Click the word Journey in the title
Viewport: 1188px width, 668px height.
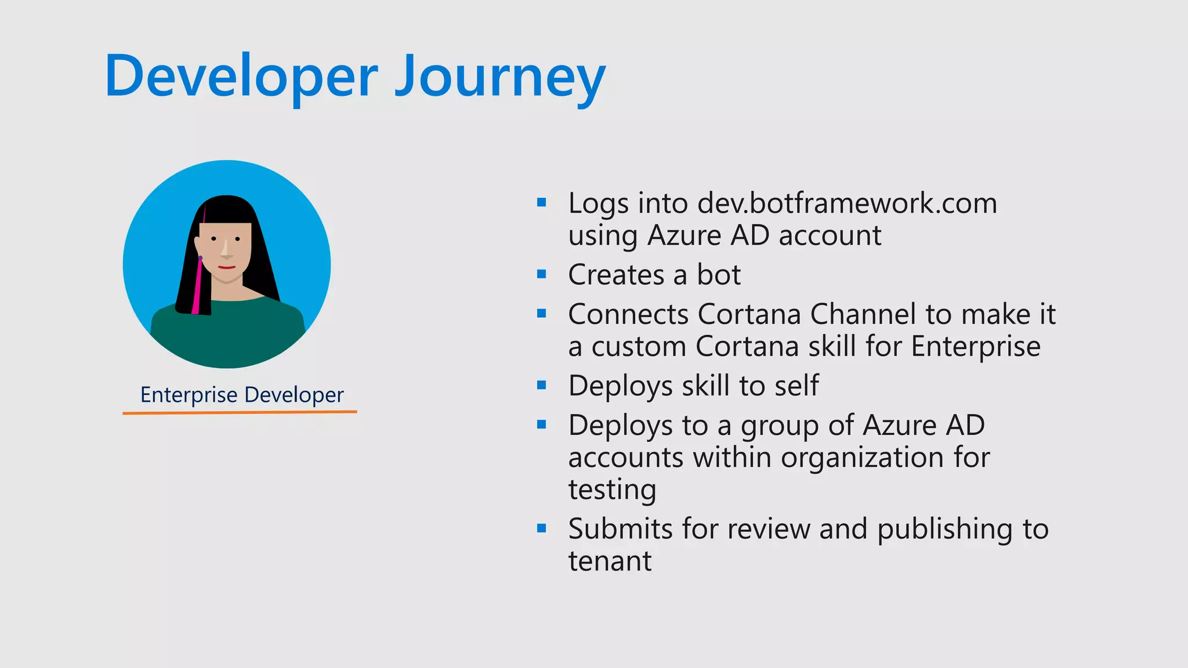(500, 77)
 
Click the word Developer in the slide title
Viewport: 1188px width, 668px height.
(241, 77)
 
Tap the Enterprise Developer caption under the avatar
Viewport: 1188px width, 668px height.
(242, 395)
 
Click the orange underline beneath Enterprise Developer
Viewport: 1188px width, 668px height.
(240, 412)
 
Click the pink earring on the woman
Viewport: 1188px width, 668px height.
(197, 287)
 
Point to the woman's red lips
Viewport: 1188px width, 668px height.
(227, 267)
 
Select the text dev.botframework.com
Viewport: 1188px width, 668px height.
(847, 204)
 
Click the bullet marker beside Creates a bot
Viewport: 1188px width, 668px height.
(542, 274)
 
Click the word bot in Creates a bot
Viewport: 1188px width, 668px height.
(718, 275)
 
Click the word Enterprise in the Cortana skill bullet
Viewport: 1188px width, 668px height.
(976, 347)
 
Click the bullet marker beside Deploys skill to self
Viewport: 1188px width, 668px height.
(542, 385)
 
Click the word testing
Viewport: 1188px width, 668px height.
(612, 490)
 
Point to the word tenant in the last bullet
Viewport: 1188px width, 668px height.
(610, 561)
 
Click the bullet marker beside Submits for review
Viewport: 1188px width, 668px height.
(542, 528)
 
